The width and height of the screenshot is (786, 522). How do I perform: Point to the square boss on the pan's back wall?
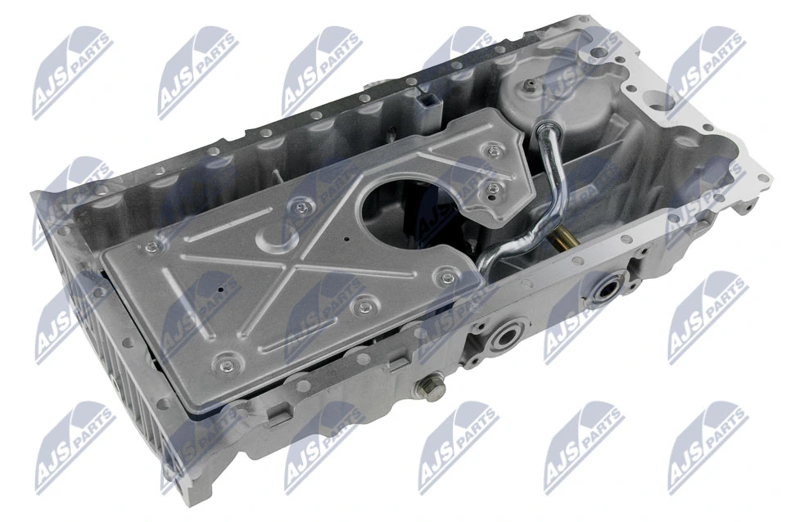[431, 105]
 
